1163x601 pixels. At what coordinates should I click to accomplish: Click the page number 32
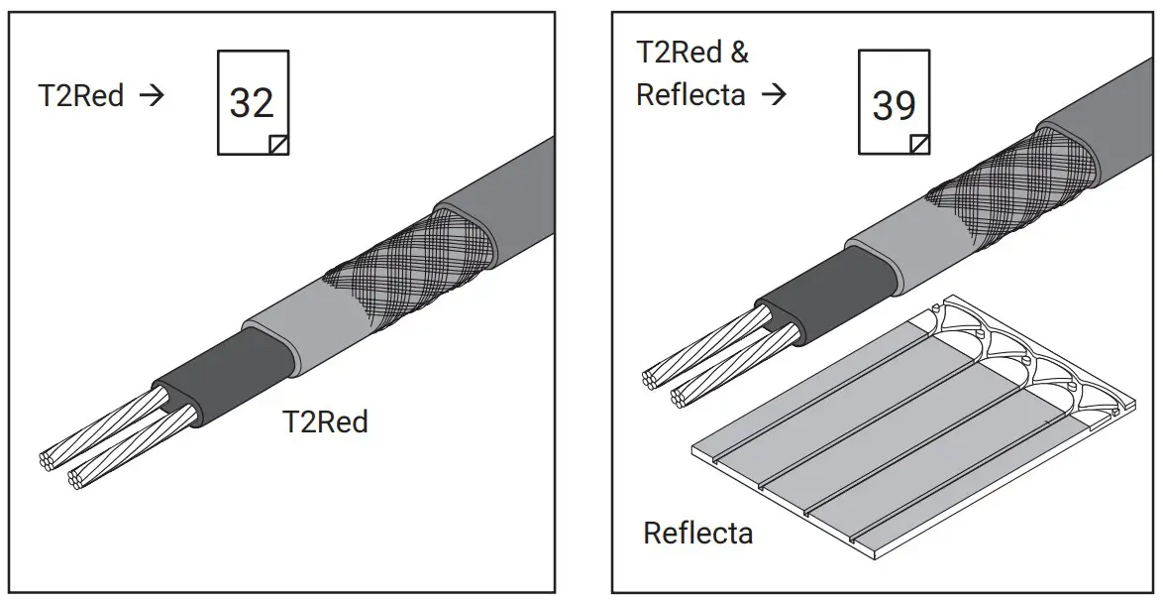pos(252,101)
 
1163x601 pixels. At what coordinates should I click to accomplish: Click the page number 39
pos(894,104)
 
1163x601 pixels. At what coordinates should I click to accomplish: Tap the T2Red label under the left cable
pos(325,421)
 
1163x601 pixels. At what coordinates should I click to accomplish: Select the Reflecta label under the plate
pos(697,533)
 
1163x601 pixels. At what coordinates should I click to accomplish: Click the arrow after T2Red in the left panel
pos(153,96)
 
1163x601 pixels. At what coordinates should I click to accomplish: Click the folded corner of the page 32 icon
pos(279,145)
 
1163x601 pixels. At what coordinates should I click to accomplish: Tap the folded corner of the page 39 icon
pos(920,145)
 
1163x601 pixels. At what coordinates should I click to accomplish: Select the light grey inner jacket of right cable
pos(882,238)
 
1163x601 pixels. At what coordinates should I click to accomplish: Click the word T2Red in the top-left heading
pos(81,96)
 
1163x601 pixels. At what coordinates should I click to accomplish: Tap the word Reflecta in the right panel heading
pos(690,95)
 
